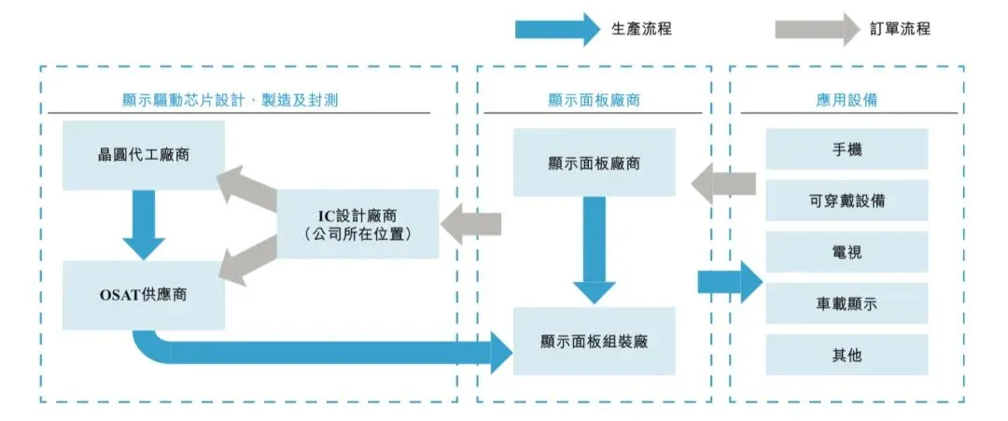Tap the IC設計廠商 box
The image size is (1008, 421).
(x=358, y=223)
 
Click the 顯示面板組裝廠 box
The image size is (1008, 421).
(x=594, y=342)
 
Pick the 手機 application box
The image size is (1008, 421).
(x=847, y=149)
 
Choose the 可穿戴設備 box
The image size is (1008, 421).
(x=847, y=201)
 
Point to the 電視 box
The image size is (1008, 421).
(x=847, y=252)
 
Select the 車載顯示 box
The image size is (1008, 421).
(x=847, y=303)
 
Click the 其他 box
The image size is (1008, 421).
(x=847, y=355)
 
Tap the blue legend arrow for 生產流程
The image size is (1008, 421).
(x=557, y=29)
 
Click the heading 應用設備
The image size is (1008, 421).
(x=846, y=99)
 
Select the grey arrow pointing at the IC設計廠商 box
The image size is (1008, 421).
(x=470, y=224)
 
